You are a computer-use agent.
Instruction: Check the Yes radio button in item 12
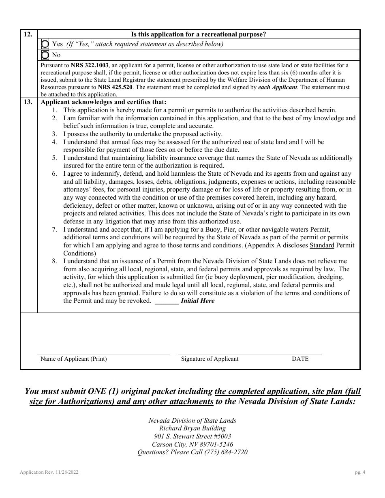click(x=45, y=44)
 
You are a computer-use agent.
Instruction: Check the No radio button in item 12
click(x=45, y=55)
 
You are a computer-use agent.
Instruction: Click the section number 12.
click(x=28, y=34)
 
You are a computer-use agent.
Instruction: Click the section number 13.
click(x=28, y=102)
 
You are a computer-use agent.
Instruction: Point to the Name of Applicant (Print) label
click(x=74, y=359)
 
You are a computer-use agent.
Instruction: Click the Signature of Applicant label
click(x=210, y=359)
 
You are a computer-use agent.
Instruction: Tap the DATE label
click(x=300, y=359)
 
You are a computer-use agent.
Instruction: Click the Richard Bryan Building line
click(x=192, y=428)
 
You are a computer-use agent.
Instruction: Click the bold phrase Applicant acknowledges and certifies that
click(x=103, y=102)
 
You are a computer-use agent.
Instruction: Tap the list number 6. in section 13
click(x=54, y=174)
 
